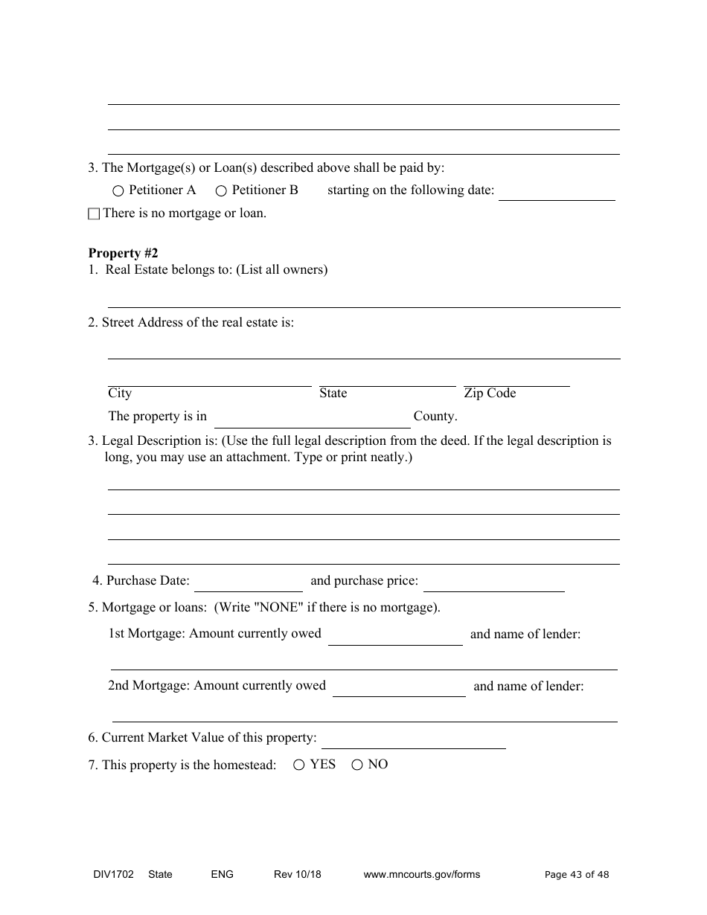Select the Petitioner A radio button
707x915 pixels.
(x=118, y=191)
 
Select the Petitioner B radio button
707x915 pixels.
(x=221, y=191)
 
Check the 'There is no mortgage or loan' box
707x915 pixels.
(x=93, y=214)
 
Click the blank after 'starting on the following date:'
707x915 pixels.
(x=556, y=193)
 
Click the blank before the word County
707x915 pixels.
(x=312, y=421)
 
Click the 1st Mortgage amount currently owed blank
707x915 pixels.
(x=395, y=638)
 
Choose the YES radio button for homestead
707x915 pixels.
(x=298, y=765)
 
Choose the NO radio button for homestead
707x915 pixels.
(x=356, y=765)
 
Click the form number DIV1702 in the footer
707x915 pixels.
(x=109, y=874)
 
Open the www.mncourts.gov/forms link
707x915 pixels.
(x=421, y=874)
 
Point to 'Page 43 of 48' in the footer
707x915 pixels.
(x=577, y=875)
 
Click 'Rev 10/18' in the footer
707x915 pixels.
(x=298, y=874)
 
